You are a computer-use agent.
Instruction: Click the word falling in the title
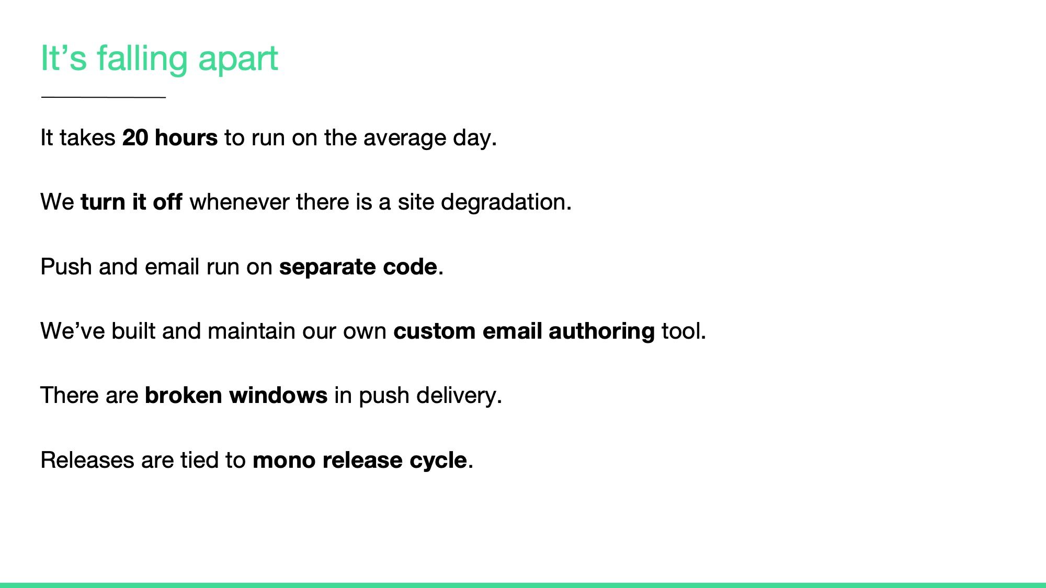[142, 59]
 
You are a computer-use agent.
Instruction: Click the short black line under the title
[104, 97]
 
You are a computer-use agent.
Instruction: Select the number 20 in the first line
[135, 138]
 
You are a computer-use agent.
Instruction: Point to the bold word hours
[186, 138]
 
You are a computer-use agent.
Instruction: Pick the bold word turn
[103, 202]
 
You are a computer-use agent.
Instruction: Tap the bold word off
[167, 202]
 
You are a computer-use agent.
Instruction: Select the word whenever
[240, 202]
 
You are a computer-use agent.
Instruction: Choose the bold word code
[410, 267]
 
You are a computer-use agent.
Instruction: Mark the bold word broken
[184, 396]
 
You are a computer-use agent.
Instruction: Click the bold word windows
[278, 396]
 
